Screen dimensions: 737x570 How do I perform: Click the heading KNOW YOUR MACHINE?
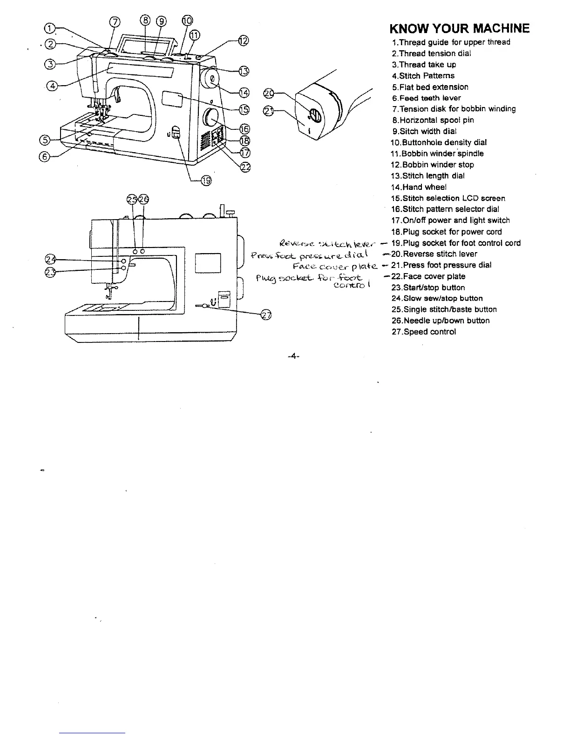click(x=459, y=29)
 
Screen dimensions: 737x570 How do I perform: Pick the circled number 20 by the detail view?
click(x=268, y=94)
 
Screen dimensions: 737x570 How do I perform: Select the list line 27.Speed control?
click(x=423, y=332)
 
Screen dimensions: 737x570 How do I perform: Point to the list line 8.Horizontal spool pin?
click(x=433, y=120)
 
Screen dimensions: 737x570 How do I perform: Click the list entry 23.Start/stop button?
click(x=428, y=288)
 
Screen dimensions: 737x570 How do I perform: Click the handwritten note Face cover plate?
click(x=335, y=267)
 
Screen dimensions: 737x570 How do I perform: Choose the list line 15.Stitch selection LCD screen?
click(x=448, y=198)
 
